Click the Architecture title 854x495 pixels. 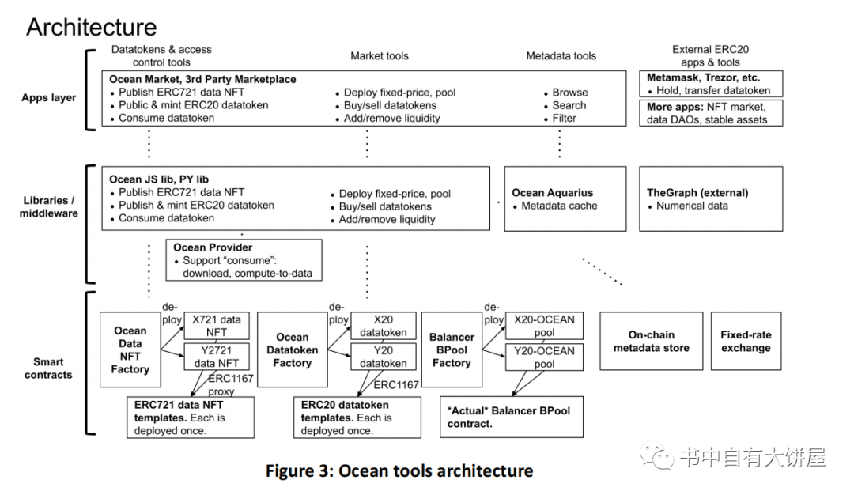click(x=92, y=27)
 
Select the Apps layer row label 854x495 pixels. click(x=49, y=98)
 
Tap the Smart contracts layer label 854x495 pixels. click(x=49, y=368)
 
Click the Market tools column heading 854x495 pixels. click(x=380, y=55)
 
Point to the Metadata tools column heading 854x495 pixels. click(x=561, y=55)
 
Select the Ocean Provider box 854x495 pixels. click(x=244, y=259)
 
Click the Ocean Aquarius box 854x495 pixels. click(x=565, y=198)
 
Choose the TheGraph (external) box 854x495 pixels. click(x=711, y=198)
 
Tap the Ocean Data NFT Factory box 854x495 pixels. click(x=130, y=350)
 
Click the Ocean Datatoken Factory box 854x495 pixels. click(x=293, y=350)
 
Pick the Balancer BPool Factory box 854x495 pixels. click(x=452, y=350)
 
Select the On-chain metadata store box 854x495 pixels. click(x=652, y=341)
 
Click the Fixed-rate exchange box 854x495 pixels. click(x=746, y=341)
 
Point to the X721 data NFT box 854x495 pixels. click(x=217, y=326)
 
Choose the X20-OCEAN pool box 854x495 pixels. click(x=544, y=326)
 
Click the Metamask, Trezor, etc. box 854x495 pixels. click(x=711, y=84)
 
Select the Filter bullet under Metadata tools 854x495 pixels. click(x=565, y=118)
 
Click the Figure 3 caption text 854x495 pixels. click(x=399, y=471)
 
